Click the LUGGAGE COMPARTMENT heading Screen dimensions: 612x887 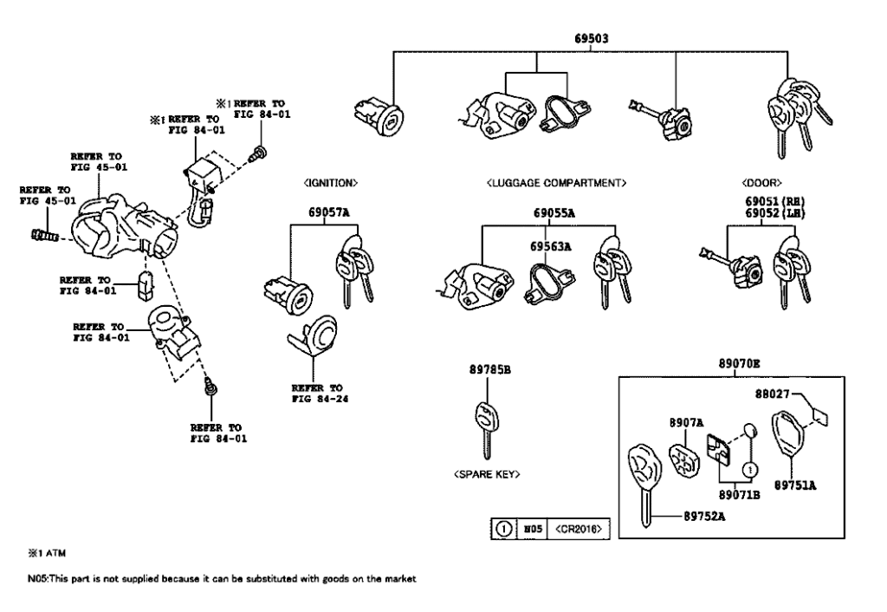tap(556, 184)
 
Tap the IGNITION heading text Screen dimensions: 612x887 tap(329, 184)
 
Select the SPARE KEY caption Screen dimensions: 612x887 tap(488, 474)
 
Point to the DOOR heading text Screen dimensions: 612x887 tap(763, 184)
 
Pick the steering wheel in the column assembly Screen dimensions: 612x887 tap(95, 227)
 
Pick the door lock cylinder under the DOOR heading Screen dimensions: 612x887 tap(735, 264)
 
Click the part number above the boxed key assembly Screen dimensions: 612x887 tap(738, 363)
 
